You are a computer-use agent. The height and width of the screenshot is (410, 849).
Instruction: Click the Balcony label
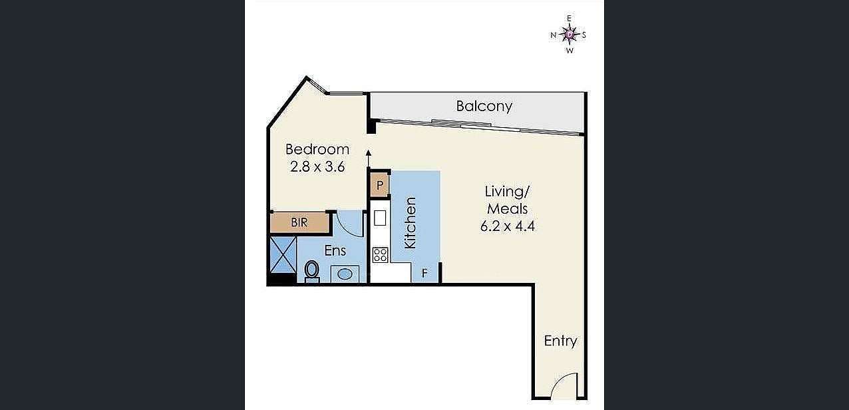(484, 106)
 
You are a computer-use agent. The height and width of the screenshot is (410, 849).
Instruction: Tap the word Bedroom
(317, 149)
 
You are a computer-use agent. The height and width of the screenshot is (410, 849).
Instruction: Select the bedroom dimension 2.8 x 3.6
(317, 167)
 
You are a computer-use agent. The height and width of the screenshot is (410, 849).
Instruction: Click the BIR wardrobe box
(300, 222)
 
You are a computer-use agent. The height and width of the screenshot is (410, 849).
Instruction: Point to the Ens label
(335, 251)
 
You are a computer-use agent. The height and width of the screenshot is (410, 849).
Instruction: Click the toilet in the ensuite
(311, 272)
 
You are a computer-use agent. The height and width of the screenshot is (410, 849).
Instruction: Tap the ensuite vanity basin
(345, 274)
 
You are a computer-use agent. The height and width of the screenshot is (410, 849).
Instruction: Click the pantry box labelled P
(380, 184)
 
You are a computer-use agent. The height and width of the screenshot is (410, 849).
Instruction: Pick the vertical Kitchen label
(411, 223)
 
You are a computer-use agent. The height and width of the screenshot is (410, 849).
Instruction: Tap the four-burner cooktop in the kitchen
(381, 254)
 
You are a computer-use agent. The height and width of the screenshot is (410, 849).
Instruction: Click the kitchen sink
(380, 218)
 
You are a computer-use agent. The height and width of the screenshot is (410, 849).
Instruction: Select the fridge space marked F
(424, 273)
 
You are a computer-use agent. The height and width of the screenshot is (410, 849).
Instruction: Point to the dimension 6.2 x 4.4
(508, 226)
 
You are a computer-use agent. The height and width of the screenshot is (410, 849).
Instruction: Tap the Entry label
(560, 341)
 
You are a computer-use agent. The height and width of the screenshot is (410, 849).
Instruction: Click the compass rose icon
(569, 34)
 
